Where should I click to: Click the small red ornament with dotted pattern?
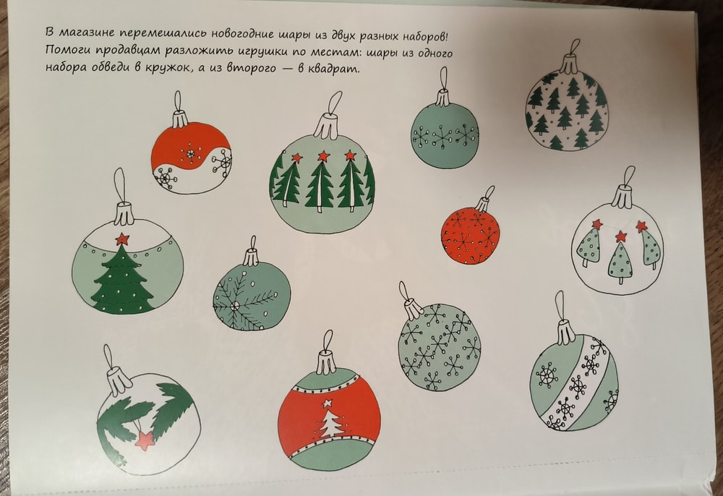(470, 235)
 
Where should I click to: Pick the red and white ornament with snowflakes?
(192, 158)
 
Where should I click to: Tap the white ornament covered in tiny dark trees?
(566, 111)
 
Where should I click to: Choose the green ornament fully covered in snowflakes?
(439, 346)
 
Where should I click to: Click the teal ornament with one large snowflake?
(252, 296)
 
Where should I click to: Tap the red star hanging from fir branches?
(145, 440)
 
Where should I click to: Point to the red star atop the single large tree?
(122, 239)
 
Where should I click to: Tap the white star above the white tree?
(328, 403)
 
